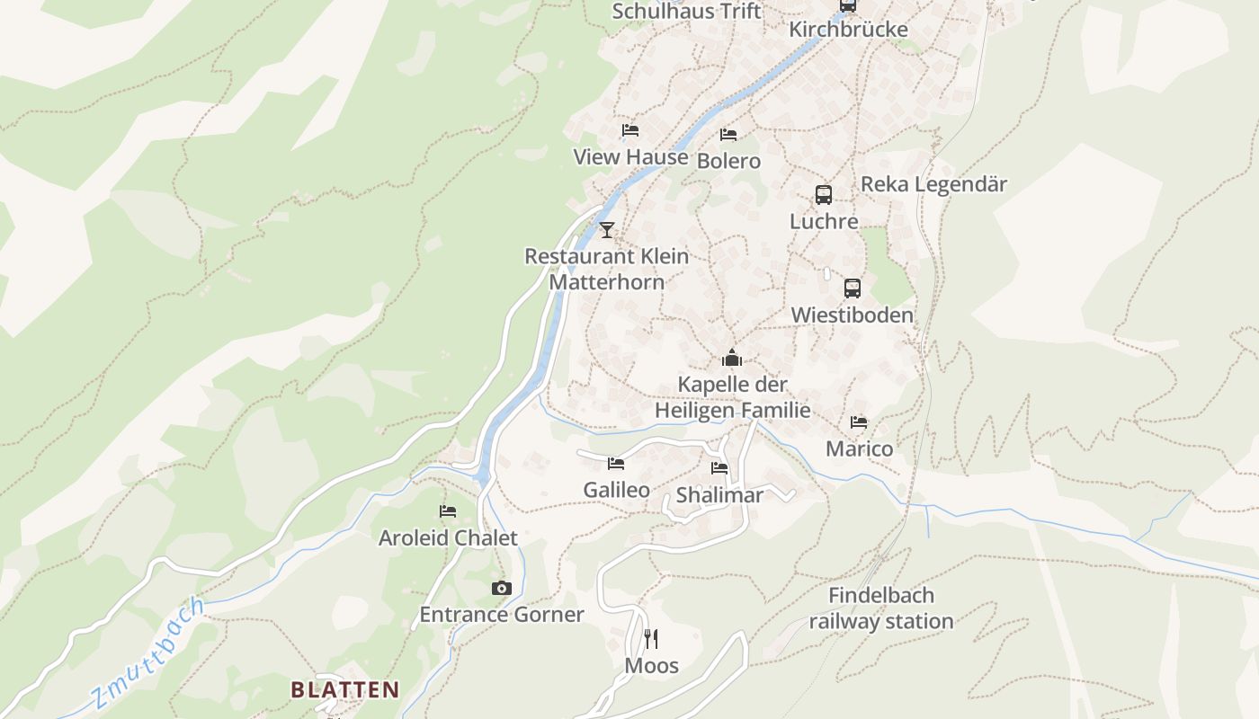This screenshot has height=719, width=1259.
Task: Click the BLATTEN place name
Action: (x=344, y=689)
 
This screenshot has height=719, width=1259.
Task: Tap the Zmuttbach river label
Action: (x=149, y=652)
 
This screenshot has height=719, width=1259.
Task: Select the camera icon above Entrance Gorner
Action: (x=502, y=589)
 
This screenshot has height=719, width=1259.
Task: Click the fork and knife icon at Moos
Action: (x=652, y=639)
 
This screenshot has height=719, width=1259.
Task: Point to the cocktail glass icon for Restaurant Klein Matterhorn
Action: (x=607, y=230)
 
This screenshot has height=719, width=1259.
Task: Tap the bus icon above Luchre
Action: (x=824, y=194)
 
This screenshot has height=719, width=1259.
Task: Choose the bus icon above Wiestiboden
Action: (x=853, y=288)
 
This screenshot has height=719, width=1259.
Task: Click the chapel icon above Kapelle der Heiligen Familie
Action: (x=732, y=359)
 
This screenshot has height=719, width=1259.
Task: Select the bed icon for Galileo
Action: (x=616, y=464)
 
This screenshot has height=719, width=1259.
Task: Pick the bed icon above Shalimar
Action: (x=719, y=468)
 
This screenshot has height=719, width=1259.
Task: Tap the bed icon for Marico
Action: (x=859, y=422)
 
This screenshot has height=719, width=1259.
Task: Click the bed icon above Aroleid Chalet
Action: (x=448, y=511)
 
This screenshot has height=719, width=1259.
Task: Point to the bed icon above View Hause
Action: (x=630, y=130)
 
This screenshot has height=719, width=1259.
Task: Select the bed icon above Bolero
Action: (x=728, y=135)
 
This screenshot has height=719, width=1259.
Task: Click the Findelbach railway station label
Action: (x=880, y=608)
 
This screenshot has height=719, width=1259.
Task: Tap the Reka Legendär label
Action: (x=933, y=184)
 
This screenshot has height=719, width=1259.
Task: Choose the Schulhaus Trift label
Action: (x=686, y=12)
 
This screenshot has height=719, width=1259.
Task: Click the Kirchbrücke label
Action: (x=848, y=30)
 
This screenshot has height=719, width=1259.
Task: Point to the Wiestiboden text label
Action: (x=852, y=315)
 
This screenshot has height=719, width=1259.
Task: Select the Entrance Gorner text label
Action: (x=502, y=615)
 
